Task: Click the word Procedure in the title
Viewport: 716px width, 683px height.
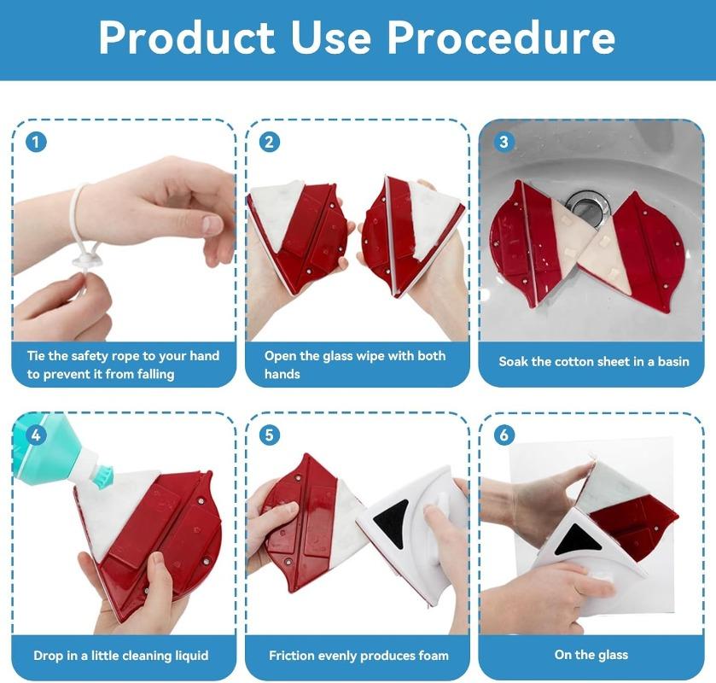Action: (501, 38)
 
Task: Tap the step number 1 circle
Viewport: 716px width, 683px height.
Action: (35, 142)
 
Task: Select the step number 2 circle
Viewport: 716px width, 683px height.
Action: (269, 142)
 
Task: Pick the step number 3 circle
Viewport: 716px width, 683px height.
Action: (503, 142)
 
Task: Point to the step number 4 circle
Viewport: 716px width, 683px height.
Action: (35, 435)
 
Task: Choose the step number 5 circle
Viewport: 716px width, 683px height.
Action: (269, 435)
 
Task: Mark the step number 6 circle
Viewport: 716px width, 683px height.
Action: (503, 435)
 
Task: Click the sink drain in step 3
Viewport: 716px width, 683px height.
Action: (586, 205)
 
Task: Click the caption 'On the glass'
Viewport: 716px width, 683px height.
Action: (591, 655)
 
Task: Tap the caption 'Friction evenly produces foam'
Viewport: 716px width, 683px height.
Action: (358, 656)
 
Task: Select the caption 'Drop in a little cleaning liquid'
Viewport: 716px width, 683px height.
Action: (121, 656)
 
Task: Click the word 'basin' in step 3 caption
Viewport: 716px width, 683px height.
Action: (670, 362)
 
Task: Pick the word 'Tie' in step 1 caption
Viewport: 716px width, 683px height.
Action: (37, 355)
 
